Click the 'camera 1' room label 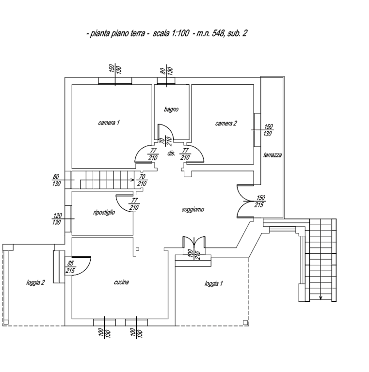click(x=109, y=123)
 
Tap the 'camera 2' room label click(x=226, y=124)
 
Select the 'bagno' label click(x=171, y=109)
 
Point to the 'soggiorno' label click(x=193, y=209)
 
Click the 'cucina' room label click(x=121, y=282)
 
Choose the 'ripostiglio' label click(x=104, y=212)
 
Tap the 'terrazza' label click(x=273, y=155)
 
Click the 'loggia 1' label click(x=214, y=283)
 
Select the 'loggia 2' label click(x=35, y=282)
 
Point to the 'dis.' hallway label click(x=171, y=153)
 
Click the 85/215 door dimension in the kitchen click(x=70, y=267)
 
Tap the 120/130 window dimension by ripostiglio click(x=57, y=219)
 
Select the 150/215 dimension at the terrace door click(x=260, y=201)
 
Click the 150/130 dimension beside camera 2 click(x=268, y=130)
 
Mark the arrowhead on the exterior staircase click(x=321, y=297)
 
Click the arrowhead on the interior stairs click(x=132, y=180)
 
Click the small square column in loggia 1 click(x=245, y=323)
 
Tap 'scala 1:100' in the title click(x=171, y=33)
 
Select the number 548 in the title click(x=218, y=33)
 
